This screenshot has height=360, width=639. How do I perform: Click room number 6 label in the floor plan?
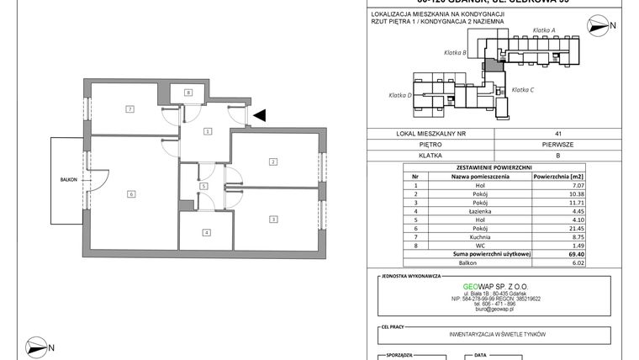pos(131,194)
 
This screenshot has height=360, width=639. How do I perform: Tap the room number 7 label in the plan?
pos(129,109)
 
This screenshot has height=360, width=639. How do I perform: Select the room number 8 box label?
pos(189,92)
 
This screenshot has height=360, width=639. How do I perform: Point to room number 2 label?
pos(272,161)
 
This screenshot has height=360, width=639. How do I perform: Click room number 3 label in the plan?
pos(272,220)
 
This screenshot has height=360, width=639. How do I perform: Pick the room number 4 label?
pos(204,232)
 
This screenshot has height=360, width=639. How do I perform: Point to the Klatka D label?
pos(398,95)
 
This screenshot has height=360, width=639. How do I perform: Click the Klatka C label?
pos(523,89)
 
